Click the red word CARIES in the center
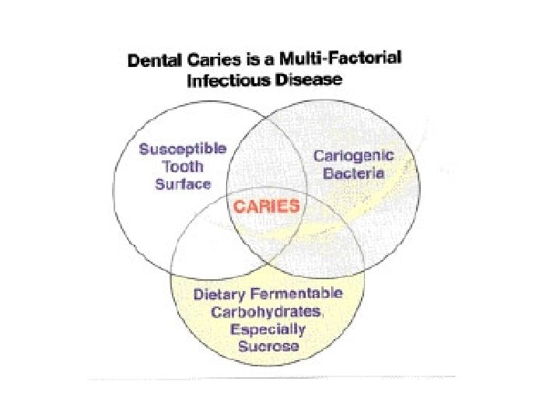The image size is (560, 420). (x=267, y=206)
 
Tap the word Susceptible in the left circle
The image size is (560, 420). (x=182, y=149)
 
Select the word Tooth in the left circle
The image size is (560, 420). (x=183, y=166)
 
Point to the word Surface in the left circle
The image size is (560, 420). (x=183, y=184)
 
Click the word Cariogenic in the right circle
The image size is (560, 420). (x=353, y=156)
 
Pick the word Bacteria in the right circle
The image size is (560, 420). (x=353, y=174)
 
